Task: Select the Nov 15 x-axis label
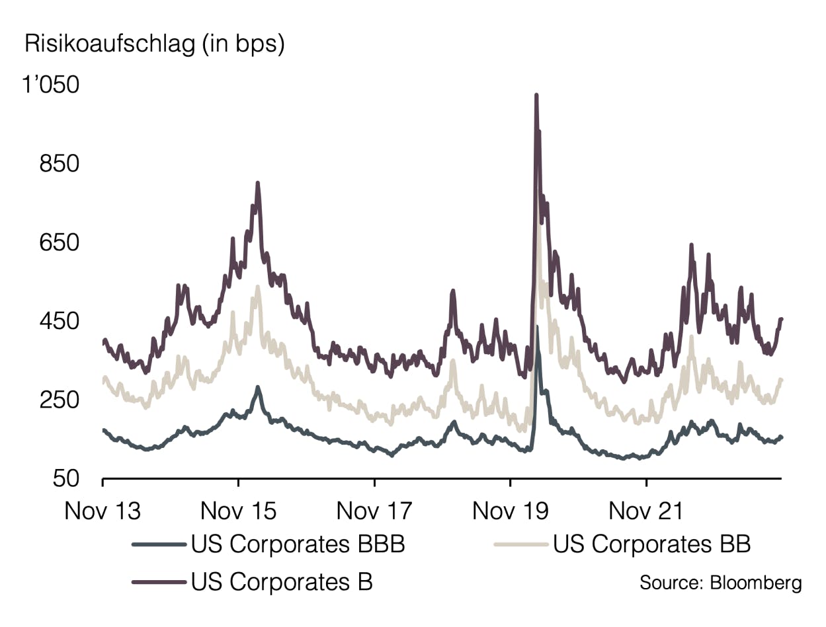pos(238,511)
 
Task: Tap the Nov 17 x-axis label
pos(374,511)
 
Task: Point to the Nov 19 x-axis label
pos(511,511)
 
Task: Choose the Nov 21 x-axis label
pos(646,511)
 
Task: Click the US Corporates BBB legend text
pos(298,544)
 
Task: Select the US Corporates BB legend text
pos(651,544)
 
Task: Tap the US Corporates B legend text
pos(282,582)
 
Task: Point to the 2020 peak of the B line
pos(536,96)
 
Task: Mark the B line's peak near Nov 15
pos(257,183)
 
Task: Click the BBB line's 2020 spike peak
pos(537,327)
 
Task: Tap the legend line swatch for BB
pos(521,544)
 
